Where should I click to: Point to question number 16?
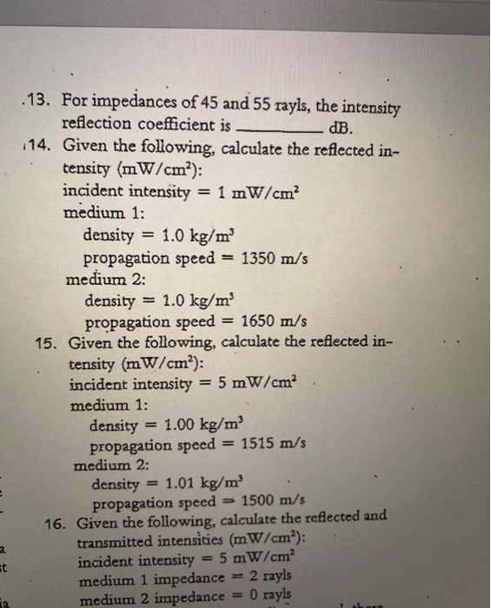point(58,524)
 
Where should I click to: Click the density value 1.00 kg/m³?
point(205,425)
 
